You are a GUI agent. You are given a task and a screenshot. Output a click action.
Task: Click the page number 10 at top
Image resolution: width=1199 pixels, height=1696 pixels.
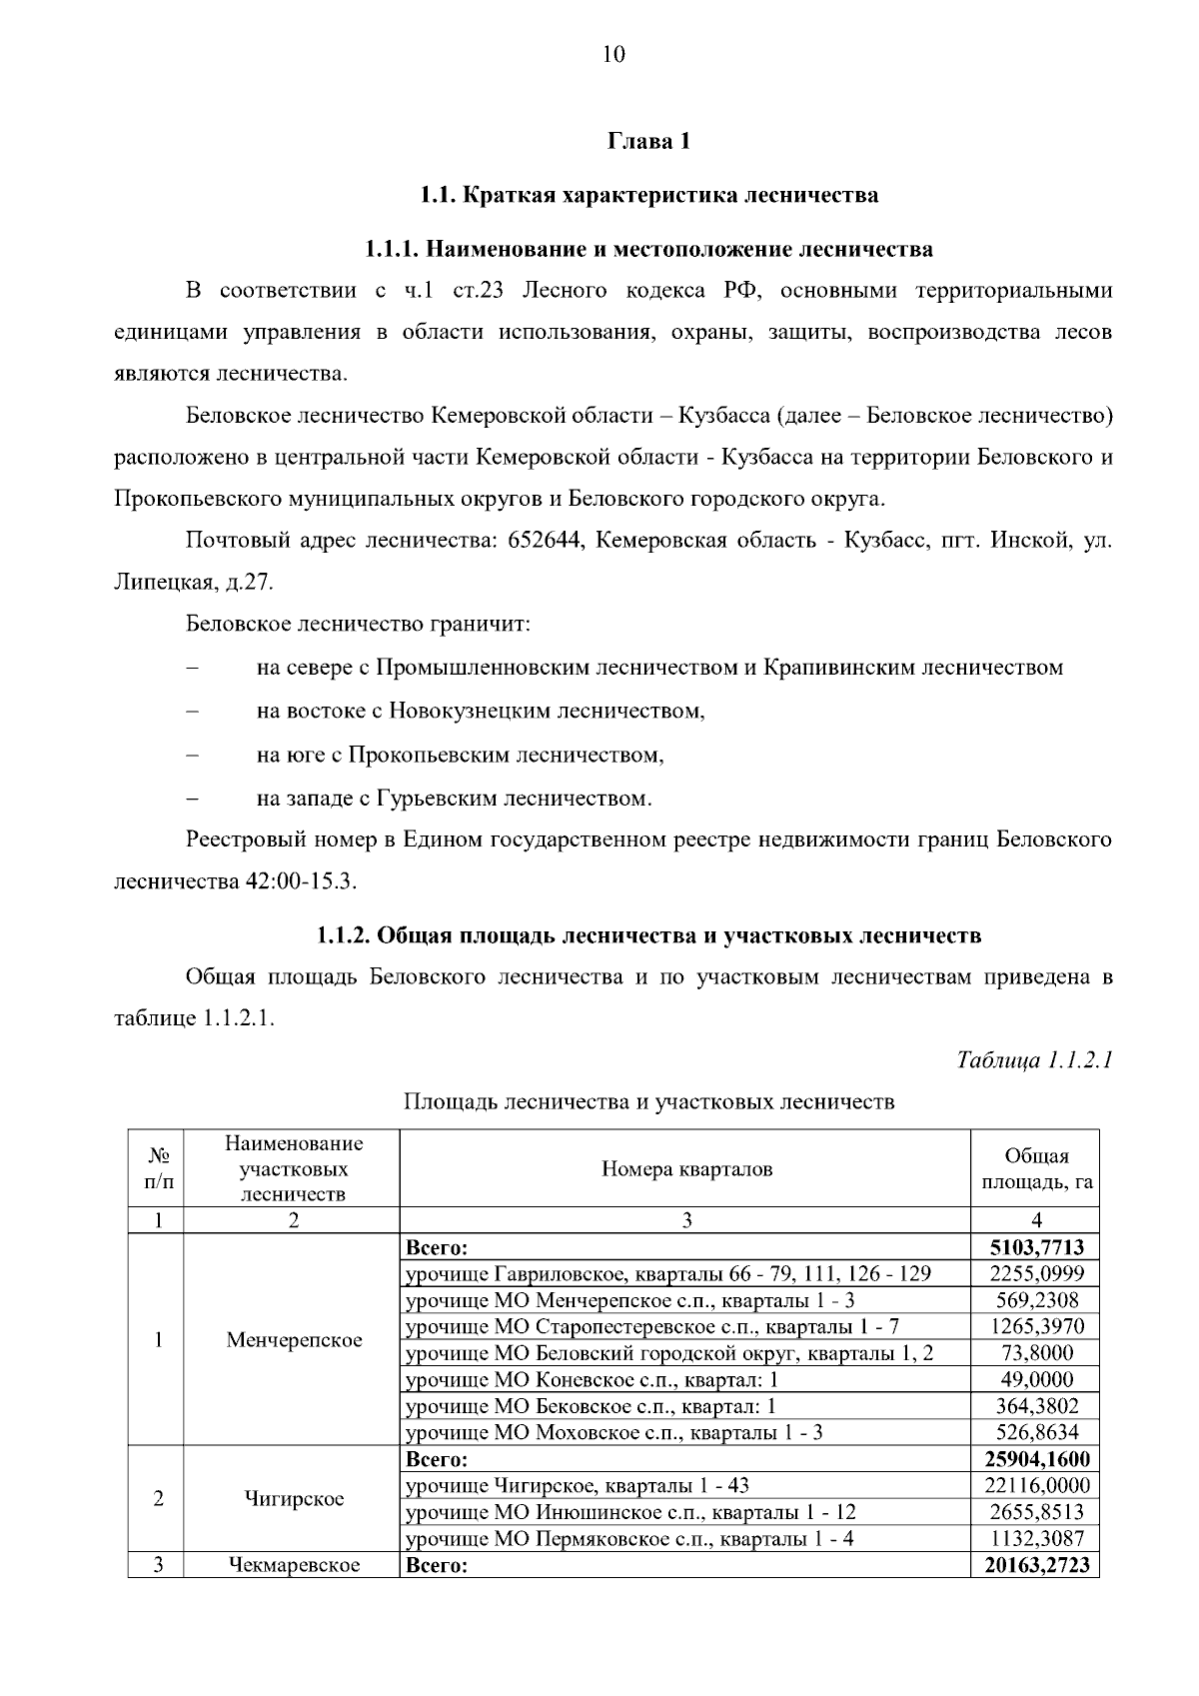click(613, 55)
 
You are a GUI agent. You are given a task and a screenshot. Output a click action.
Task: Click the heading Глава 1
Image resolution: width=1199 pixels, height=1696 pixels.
click(648, 142)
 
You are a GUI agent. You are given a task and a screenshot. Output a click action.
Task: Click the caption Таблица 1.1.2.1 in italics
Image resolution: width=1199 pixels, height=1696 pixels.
click(1034, 1059)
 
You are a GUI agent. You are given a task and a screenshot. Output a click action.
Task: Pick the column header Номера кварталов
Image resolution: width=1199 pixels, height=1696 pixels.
click(685, 1169)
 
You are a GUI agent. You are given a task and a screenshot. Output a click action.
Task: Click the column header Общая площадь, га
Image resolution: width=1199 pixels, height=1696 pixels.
click(1036, 1169)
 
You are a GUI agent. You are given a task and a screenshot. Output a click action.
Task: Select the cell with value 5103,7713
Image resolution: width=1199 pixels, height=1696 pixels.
click(1036, 1247)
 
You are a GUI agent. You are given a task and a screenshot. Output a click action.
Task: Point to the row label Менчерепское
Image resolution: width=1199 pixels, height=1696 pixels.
click(294, 1340)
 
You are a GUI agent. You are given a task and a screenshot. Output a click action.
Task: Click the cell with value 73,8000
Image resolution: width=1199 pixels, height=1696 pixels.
click(1036, 1353)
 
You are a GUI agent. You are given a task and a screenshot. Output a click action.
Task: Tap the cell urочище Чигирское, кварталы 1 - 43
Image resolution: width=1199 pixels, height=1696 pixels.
click(577, 1486)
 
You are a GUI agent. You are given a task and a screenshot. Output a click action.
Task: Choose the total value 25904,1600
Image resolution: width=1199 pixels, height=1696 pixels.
click(1036, 1459)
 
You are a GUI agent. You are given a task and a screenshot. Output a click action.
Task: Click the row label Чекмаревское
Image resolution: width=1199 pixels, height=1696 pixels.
click(294, 1565)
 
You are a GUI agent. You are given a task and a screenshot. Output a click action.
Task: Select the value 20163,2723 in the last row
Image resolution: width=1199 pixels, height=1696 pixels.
click(1036, 1565)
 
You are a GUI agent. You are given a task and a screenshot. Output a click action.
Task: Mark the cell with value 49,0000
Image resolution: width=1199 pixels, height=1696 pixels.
click(1036, 1380)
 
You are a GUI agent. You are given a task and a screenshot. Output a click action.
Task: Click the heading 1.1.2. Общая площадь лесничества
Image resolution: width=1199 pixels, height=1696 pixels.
click(648, 935)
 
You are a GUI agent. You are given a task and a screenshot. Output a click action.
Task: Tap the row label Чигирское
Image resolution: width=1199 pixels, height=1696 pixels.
click(294, 1499)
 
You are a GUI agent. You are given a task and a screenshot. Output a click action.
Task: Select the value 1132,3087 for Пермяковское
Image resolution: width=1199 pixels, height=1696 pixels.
click(1036, 1539)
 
